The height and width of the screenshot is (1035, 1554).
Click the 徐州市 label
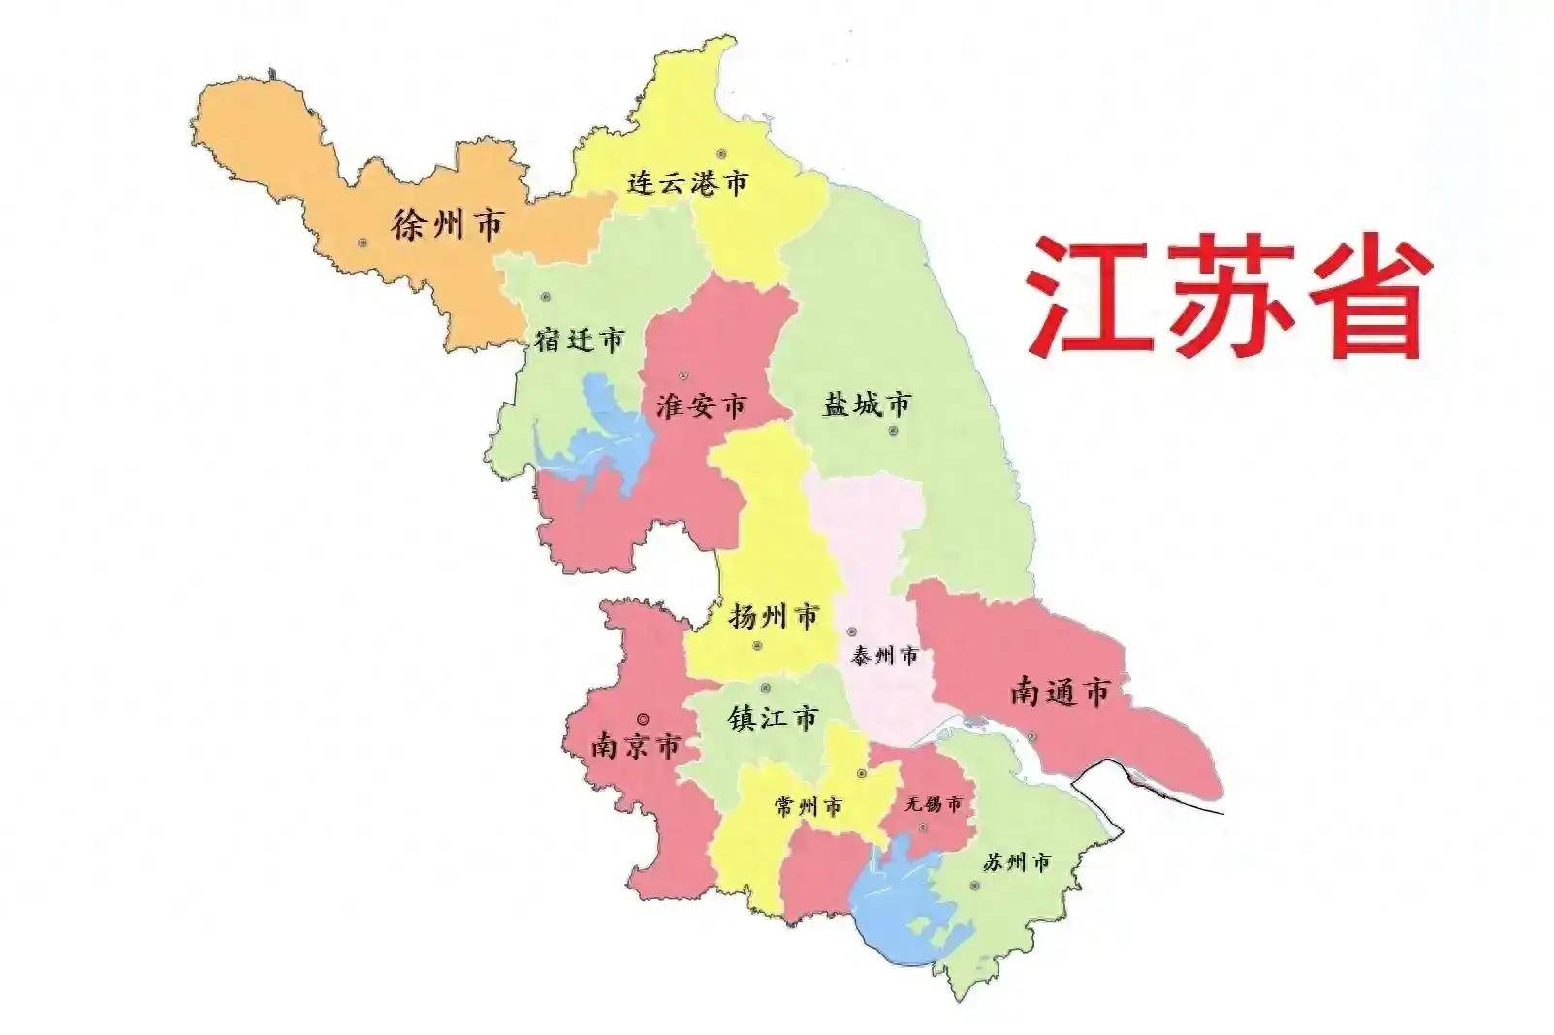click(447, 225)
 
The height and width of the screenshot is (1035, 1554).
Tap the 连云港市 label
click(687, 182)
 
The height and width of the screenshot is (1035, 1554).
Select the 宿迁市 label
click(580, 340)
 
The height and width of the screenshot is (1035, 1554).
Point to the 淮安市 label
click(701, 405)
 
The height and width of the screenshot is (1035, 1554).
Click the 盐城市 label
click(867, 404)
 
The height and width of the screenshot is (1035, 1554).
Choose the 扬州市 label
click(774, 615)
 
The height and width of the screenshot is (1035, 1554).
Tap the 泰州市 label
click(884, 657)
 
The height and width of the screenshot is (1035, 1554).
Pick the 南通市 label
click(1059, 692)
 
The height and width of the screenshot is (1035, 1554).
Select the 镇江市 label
click(774, 719)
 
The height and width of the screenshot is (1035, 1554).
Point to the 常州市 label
click(809, 806)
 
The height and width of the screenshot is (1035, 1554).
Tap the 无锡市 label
click(933, 804)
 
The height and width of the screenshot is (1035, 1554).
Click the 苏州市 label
click(1016, 862)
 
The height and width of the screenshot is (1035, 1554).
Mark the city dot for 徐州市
click(363, 243)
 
